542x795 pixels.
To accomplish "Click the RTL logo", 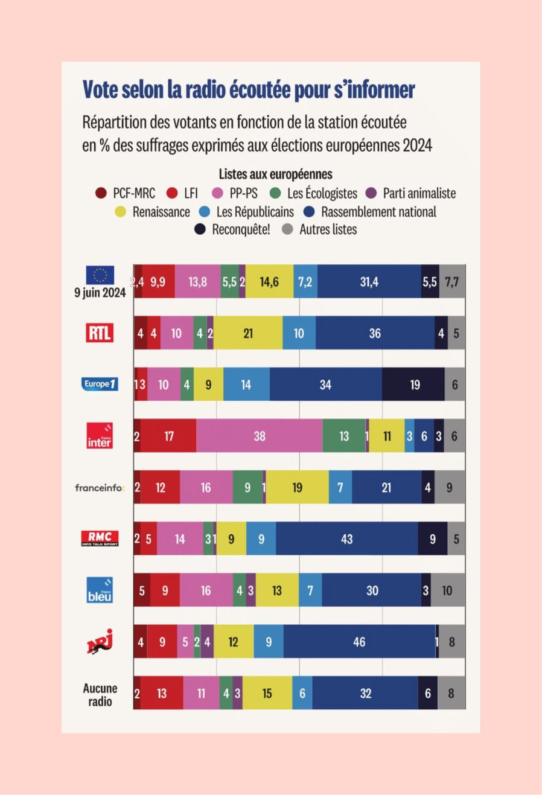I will pos(100,333).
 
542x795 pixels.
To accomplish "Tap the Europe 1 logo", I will pos(100,384).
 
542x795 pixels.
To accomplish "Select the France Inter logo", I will pos(100,435).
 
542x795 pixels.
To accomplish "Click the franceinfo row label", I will pos(100,487).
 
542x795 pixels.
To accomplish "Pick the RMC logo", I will pos(100,538).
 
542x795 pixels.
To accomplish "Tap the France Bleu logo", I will pos(100,590).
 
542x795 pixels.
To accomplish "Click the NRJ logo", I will pos(100,642).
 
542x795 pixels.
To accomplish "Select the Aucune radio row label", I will pos(100,694).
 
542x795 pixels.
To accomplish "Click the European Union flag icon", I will pos(100,275).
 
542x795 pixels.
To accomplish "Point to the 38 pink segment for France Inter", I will pos(260,436).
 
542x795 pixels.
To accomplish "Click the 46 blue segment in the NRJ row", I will pos(359,642).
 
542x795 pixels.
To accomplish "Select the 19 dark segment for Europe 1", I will pos(414,385).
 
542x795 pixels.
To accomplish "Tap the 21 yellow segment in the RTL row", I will pos(248,333).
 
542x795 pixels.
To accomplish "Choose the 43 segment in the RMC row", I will pos(346,539).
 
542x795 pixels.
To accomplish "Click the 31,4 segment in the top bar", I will pos(369,282).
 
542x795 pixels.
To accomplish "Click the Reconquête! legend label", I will pos(241,230).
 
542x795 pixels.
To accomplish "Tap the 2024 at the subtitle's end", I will pos(418,146).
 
